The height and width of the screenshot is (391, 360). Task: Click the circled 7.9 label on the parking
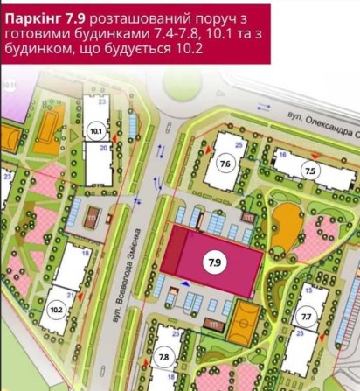(x=213, y=262)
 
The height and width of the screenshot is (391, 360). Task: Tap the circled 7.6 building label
(x=225, y=164)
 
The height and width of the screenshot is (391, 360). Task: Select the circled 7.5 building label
(x=310, y=170)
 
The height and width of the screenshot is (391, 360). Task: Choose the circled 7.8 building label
(x=164, y=358)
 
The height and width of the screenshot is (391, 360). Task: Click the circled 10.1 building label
(x=96, y=133)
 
